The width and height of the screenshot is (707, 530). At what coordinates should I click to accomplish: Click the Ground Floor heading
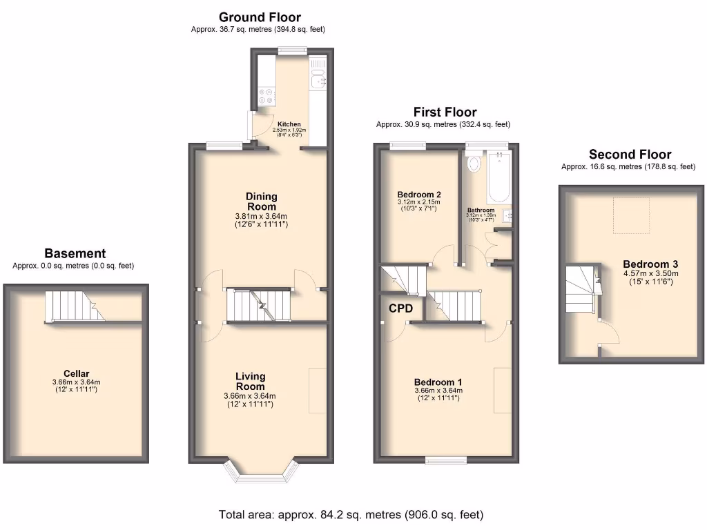click(x=260, y=17)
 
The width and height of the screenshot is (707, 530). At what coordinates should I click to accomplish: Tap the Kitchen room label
click(x=289, y=124)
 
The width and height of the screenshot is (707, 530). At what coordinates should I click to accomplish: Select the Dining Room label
click(x=261, y=202)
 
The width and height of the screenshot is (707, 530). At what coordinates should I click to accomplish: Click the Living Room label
click(x=249, y=381)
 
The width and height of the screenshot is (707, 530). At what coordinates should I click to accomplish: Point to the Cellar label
click(x=76, y=373)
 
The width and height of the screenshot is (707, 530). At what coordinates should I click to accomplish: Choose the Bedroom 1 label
click(x=438, y=382)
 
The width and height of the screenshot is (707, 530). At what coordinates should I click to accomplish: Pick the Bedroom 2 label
click(x=419, y=194)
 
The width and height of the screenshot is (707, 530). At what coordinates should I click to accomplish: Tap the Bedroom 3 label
click(x=650, y=264)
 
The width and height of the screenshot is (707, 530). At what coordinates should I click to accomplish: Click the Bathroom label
click(x=481, y=210)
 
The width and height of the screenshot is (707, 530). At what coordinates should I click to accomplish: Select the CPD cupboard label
click(x=400, y=308)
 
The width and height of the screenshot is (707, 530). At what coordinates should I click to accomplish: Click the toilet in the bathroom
click(x=474, y=164)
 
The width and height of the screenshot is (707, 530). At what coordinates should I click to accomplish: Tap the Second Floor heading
click(x=630, y=155)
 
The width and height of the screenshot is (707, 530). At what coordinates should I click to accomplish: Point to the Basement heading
click(x=75, y=253)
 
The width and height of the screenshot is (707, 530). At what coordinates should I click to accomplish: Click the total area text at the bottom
click(x=351, y=515)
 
